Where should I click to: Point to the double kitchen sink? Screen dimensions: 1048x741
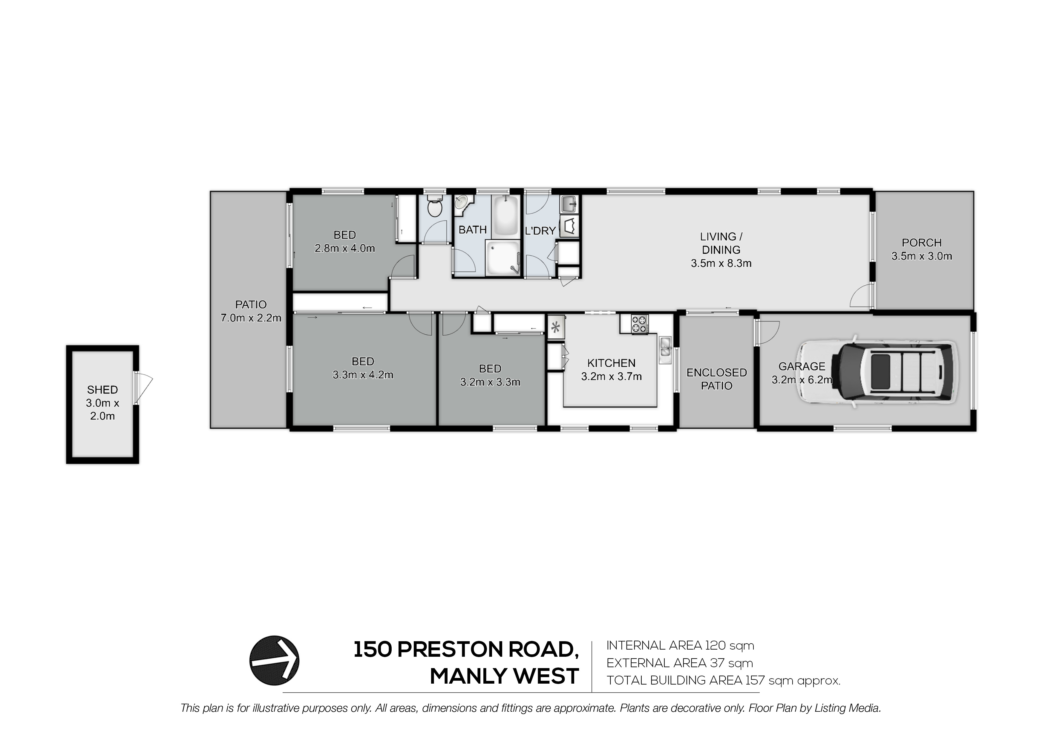point(665,350)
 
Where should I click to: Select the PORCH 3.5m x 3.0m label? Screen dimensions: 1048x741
point(922,249)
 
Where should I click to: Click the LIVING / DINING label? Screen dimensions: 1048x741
point(721,243)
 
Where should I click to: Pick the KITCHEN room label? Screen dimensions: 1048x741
point(611,363)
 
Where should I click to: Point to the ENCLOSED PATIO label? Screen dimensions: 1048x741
point(717,379)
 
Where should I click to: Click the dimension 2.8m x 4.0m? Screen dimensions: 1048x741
point(345,248)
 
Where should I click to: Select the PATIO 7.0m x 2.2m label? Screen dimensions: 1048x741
point(251,311)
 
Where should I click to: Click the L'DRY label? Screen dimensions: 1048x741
point(540,231)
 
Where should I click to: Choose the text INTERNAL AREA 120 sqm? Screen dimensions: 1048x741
point(680,646)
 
